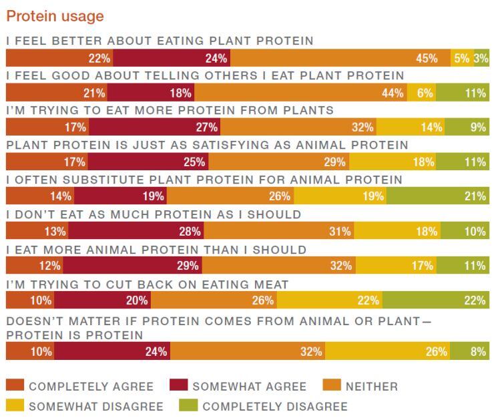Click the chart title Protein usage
click(x=55, y=15)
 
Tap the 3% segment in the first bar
click(x=481, y=58)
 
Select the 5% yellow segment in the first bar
click(x=461, y=58)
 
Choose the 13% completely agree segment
click(x=37, y=231)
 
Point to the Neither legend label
click(x=371, y=386)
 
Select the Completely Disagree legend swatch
click(x=188, y=406)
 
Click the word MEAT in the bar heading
click(x=272, y=284)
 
